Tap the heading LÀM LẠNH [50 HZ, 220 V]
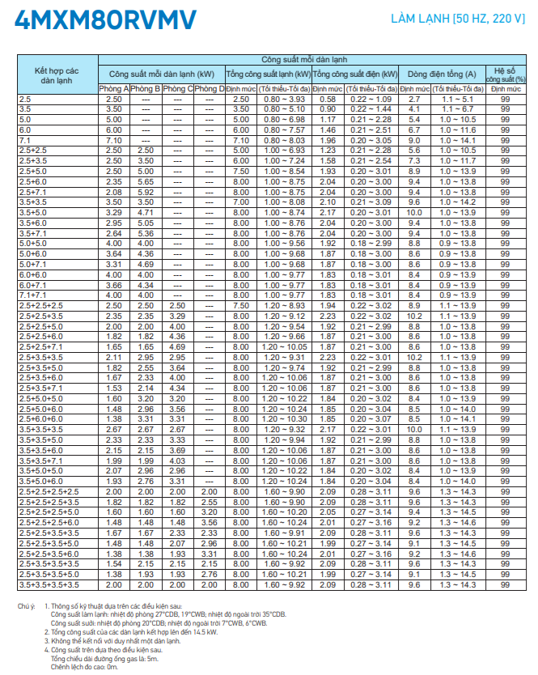click(457, 19)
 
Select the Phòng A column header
click(114, 88)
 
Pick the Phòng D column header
click(210, 88)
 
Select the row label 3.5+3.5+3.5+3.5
click(49, 584)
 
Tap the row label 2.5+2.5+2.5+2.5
click(49, 493)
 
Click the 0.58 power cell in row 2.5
click(328, 99)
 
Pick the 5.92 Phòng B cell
click(146, 192)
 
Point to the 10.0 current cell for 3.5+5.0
click(414, 212)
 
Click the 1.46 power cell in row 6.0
click(328, 129)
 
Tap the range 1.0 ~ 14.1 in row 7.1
click(458, 140)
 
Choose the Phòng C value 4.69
click(177, 346)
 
